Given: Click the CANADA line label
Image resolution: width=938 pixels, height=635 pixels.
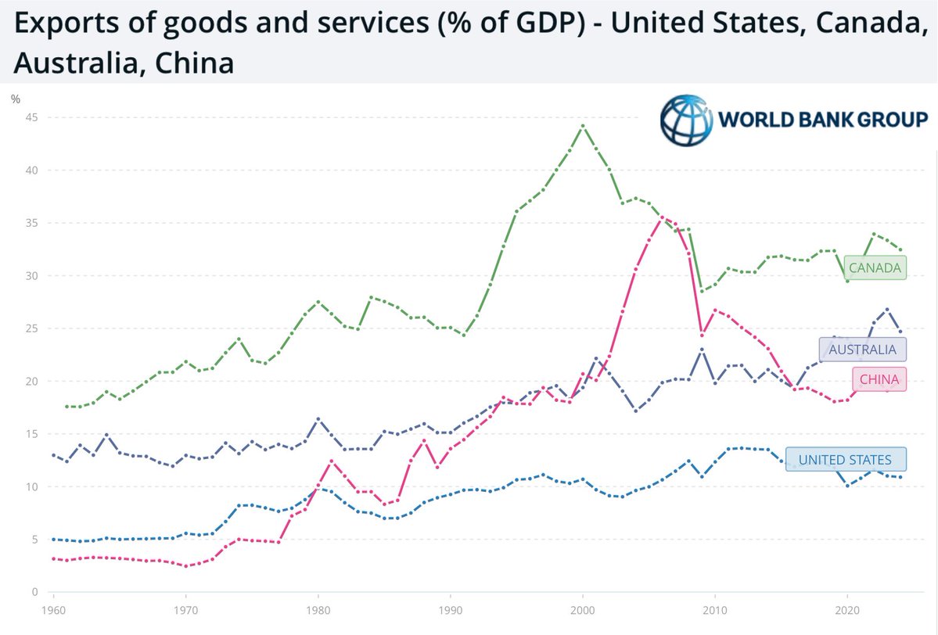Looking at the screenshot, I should point(875,269).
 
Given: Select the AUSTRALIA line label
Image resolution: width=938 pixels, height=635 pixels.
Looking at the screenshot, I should point(863,348).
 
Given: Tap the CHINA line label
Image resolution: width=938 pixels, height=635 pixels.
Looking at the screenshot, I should point(879,381).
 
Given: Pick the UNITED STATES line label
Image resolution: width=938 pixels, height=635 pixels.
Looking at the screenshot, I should point(844,459).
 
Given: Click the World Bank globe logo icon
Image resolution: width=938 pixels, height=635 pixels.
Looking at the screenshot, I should point(686,121).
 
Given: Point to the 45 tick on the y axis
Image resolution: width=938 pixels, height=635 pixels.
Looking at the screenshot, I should point(32,117).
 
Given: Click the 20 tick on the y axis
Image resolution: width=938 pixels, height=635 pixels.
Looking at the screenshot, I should point(32,381).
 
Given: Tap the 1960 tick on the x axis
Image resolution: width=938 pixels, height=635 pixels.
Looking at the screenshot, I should point(53,608).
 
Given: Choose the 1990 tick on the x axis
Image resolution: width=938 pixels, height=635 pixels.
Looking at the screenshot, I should point(449,608).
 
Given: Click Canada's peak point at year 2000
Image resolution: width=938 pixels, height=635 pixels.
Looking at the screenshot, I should point(582,126).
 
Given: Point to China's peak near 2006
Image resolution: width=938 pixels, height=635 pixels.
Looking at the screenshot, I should point(662,217).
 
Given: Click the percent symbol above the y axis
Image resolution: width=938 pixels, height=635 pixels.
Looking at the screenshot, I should point(16,99).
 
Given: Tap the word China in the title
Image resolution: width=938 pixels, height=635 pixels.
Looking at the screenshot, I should point(196,62).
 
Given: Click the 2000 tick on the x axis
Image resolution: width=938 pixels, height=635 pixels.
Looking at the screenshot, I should point(582,608).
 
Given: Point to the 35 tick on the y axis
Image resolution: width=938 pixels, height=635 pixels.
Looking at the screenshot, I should point(32,223).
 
